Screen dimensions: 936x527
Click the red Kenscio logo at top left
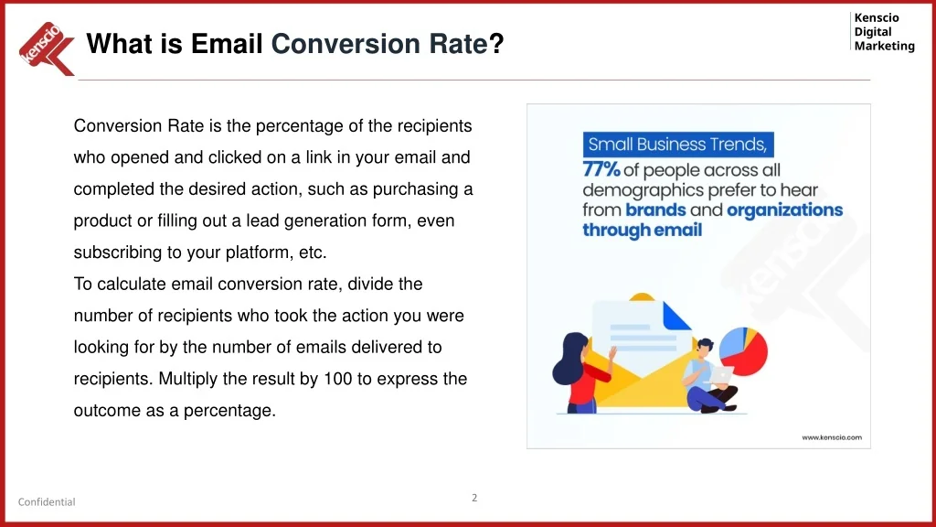47,49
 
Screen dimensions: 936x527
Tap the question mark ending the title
496,44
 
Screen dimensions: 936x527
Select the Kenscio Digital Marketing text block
884,32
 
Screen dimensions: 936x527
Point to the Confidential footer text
47,502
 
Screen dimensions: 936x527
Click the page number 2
474,498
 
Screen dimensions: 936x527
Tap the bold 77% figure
601,169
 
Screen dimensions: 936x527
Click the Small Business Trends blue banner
678,145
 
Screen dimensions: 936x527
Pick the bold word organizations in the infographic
784,210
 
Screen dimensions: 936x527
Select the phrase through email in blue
643,230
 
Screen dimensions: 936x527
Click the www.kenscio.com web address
832,437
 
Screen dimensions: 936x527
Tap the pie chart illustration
744,351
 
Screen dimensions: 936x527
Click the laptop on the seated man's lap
722,375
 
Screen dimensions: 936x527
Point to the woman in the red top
579,373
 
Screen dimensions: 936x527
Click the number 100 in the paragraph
338,379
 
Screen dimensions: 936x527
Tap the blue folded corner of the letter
677,316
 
